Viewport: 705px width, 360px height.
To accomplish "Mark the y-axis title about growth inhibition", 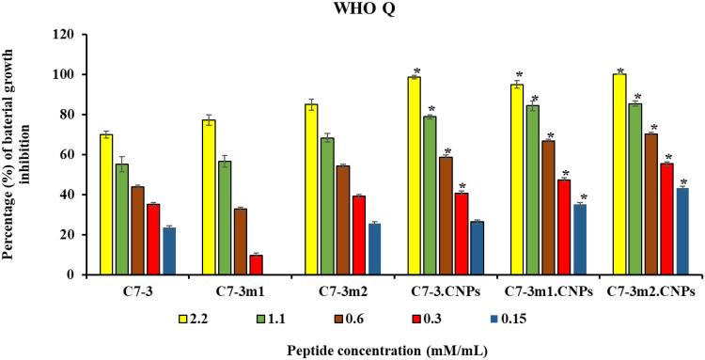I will click(x=18, y=155).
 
